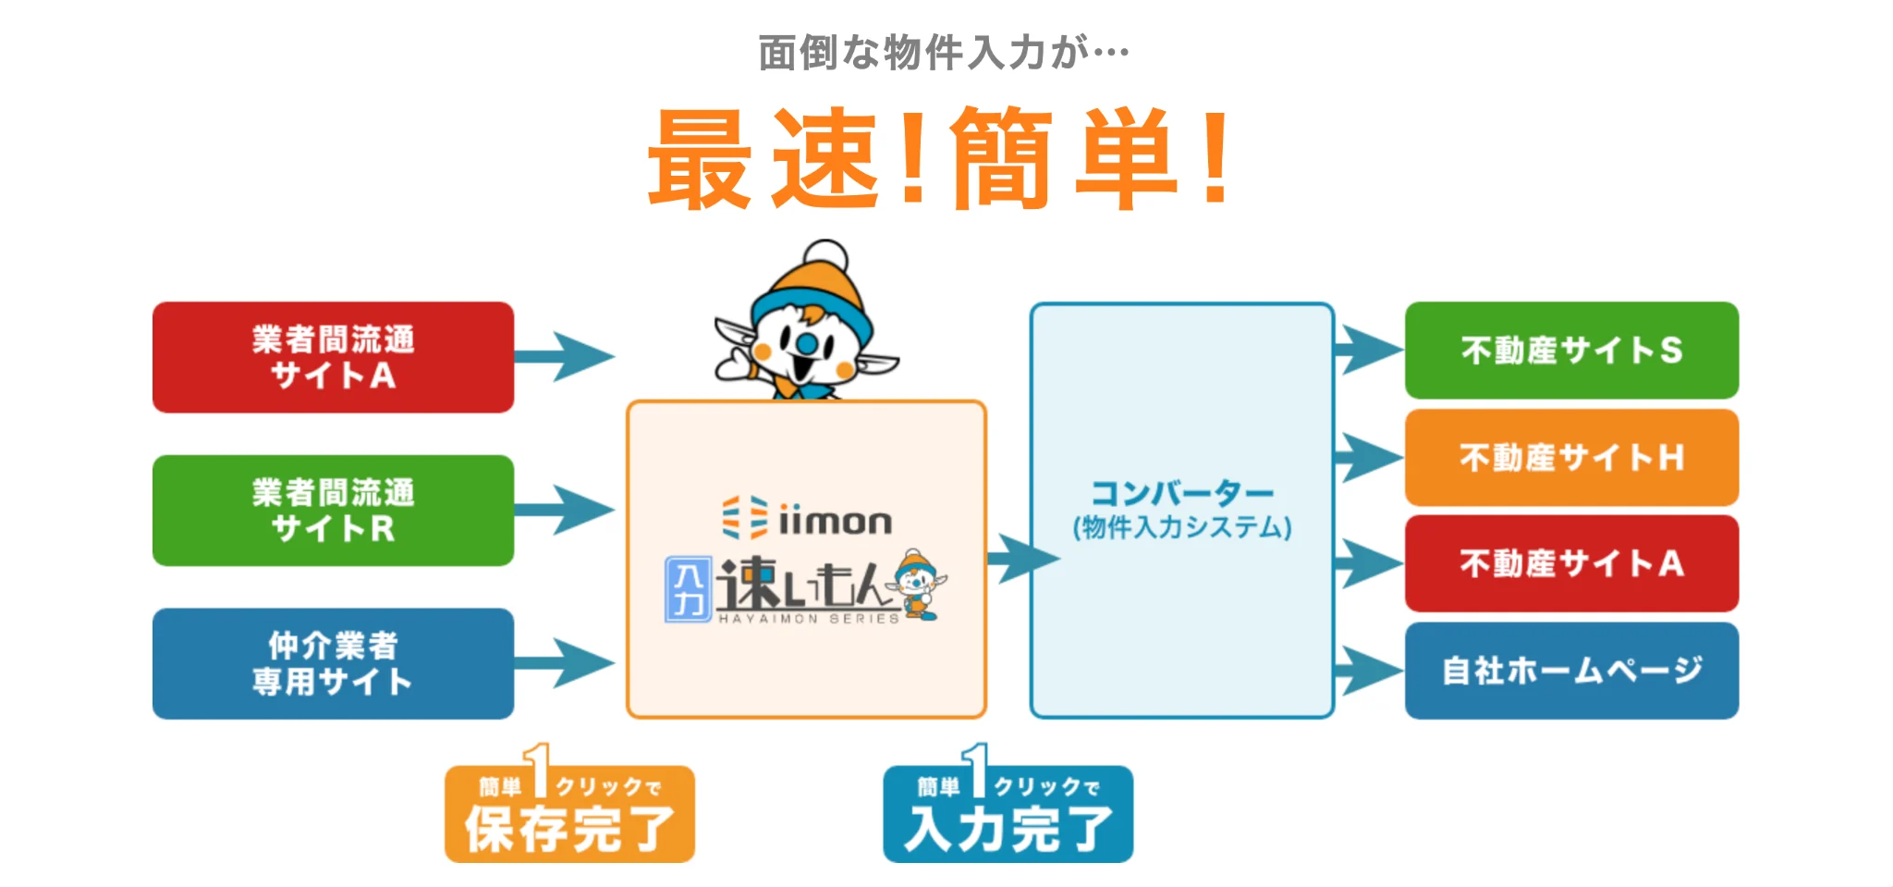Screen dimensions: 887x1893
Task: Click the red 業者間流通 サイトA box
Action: click(333, 357)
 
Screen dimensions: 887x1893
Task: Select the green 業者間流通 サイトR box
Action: click(333, 510)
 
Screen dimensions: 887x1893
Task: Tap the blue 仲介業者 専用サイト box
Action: click(333, 663)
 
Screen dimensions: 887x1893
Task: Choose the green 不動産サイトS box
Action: click(1571, 351)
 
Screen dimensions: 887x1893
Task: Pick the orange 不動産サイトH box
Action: click(1571, 457)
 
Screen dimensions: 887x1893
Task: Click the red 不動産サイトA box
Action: click(1571, 563)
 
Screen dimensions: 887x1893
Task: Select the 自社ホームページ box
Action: click(1571, 670)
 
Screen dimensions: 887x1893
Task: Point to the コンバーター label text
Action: click(1182, 493)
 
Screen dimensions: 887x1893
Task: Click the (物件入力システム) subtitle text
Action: click(1182, 527)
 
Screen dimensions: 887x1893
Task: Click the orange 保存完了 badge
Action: click(569, 815)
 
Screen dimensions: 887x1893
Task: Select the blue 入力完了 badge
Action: click(1008, 815)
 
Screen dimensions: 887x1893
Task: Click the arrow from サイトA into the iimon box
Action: click(564, 356)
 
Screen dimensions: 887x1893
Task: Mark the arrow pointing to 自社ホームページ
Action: click(1369, 670)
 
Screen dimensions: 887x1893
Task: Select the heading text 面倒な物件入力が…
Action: click(943, 53)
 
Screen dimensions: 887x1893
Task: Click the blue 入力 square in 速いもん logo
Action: click(689, 589)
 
